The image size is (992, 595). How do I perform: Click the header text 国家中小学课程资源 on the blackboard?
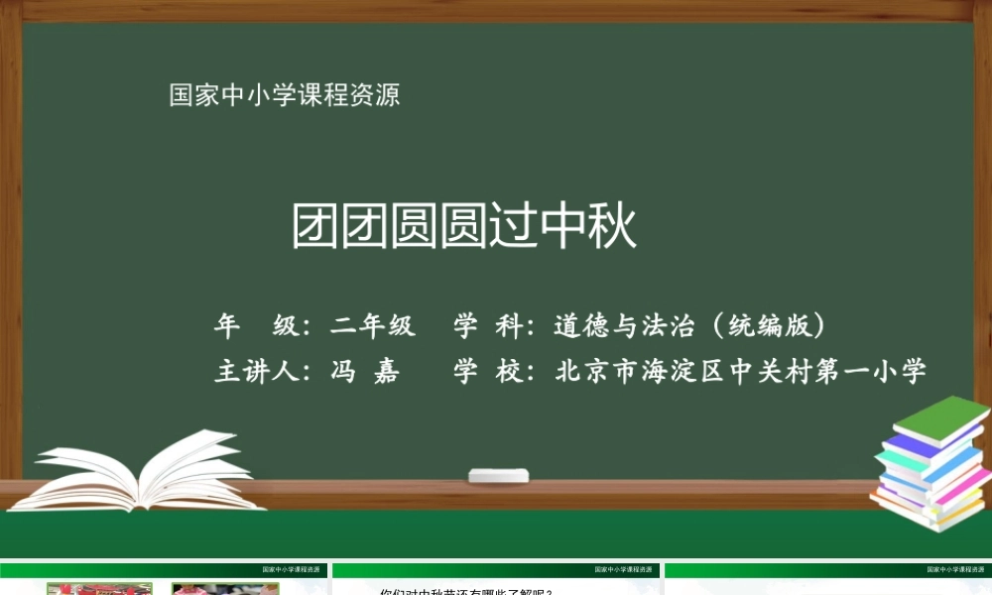tap(285, 95)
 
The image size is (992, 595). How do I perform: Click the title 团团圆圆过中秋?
tap(464, 227)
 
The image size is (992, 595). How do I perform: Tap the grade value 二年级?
tap(374, 325)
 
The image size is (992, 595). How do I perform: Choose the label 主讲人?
tap(256, 372)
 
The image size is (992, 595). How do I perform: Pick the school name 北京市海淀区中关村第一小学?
tap(741, 372)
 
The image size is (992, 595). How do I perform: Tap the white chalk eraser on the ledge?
tap(499, 476)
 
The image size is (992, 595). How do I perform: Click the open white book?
tap(149, 472)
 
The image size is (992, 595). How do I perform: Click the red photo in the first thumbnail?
tap(99, 589)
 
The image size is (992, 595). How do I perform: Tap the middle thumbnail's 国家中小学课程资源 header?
tap(625, 570)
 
